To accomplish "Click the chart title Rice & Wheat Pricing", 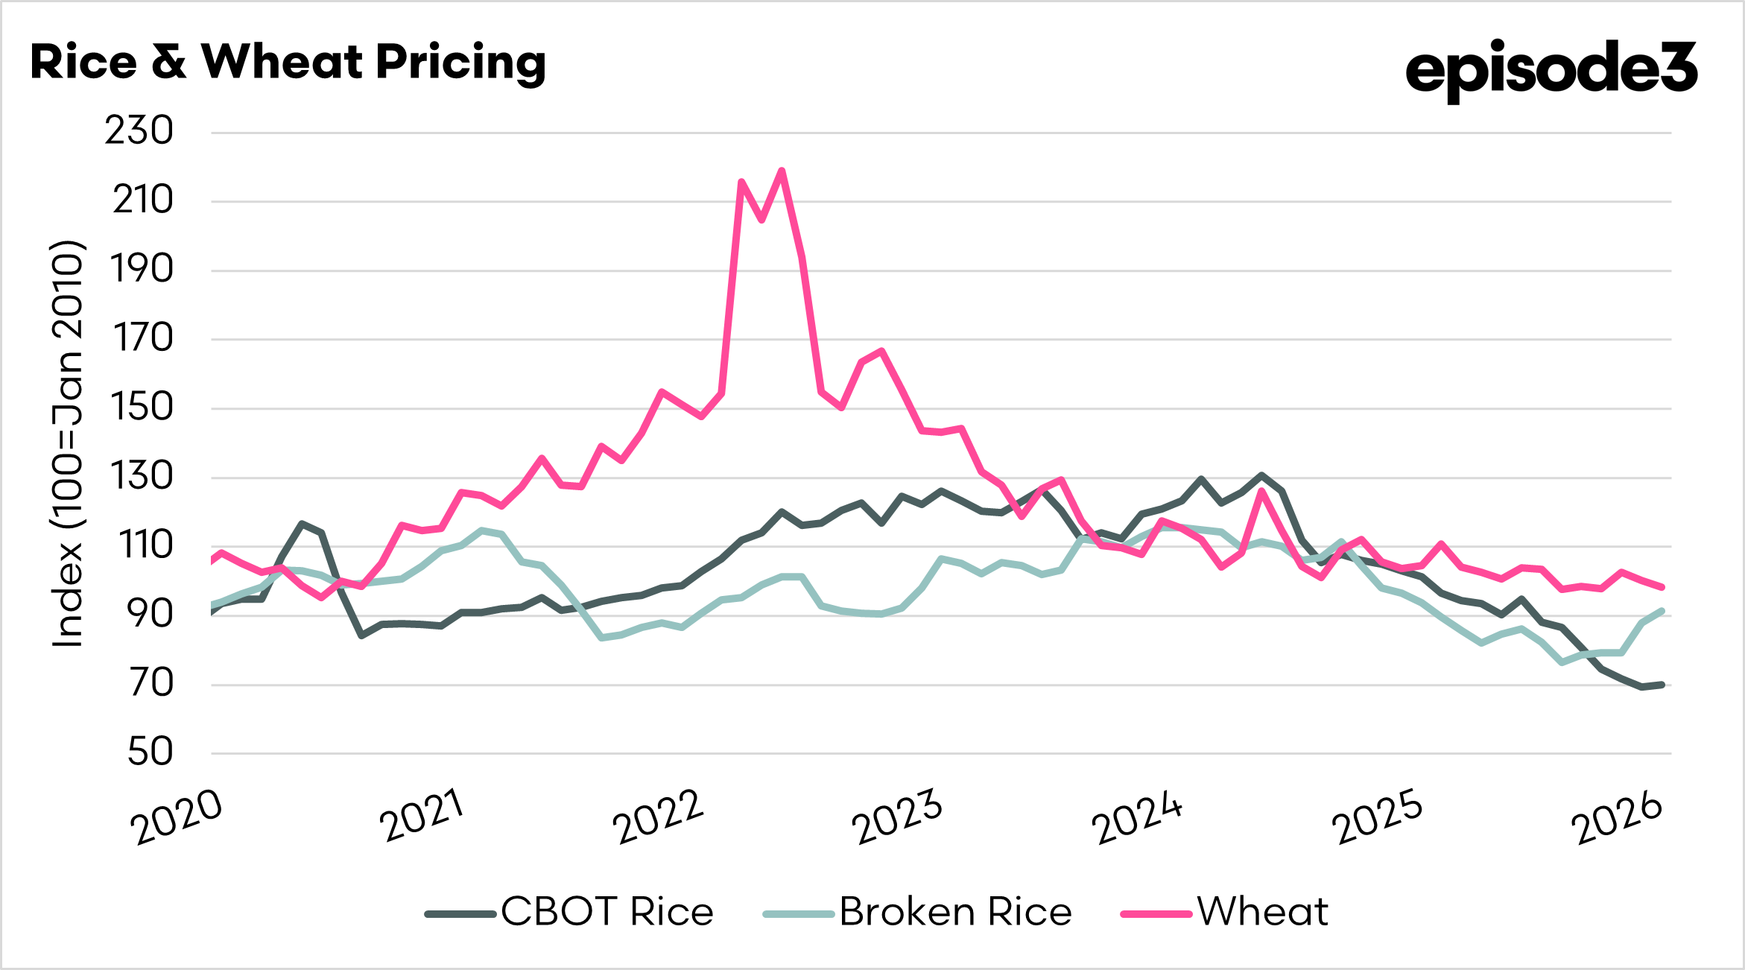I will pos(288,63).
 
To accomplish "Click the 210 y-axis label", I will pos(142,200).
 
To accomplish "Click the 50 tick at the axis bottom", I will pos(150,752).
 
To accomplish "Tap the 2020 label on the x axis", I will pos(177,817).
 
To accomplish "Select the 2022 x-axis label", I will pos(658,817).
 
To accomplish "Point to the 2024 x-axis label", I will pos(1137,817).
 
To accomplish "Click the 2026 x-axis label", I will pos(1617,817).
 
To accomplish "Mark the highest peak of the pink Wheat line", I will pos(782,171).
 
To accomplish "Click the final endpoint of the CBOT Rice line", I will pos(1662,684).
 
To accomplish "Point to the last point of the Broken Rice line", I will pos(1662,611).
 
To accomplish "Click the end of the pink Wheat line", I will pos(1662,587).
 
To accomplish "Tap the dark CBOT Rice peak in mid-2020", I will pos(301,523).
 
